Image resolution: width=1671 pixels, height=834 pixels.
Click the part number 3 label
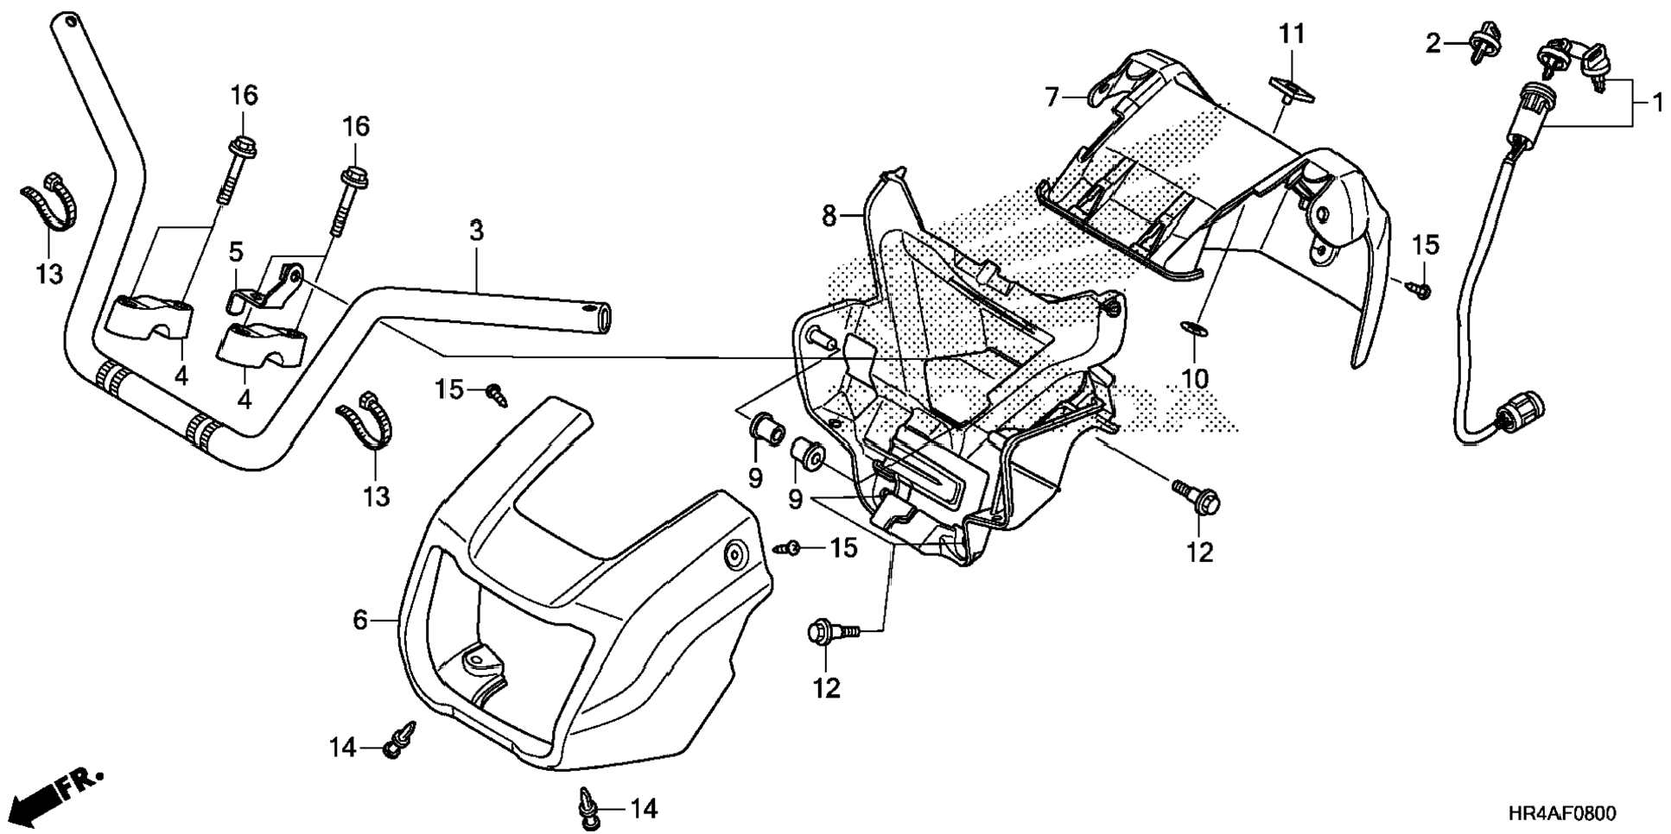point(476,231)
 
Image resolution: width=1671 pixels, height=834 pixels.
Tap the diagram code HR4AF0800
point(1562,814)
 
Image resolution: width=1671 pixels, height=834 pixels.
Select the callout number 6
point(360,620)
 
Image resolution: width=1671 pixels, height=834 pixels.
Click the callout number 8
point(829,215)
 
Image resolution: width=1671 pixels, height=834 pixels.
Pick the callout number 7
point(1052,97)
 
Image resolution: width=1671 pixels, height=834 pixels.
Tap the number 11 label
point(1292,35)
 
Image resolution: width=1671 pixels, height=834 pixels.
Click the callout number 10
point(1198,377)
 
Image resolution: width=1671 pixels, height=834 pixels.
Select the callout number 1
point(1656,104)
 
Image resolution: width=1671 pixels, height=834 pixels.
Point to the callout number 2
point(1433,42)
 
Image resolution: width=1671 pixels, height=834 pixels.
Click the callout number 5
point(235,252)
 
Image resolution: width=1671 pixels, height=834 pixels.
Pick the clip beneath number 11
point(1288,91)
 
